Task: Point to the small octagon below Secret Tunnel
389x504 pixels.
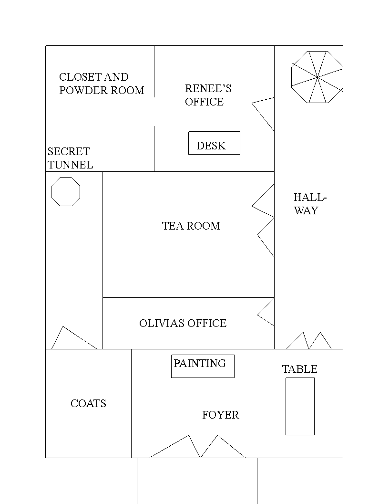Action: (65, 178)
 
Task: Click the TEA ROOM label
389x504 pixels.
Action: (191, 226)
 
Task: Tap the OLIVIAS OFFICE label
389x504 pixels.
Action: (183, 323)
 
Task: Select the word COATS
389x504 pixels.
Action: (88, 403)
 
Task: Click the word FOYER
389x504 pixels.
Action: (221, 415)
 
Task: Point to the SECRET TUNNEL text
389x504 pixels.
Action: (70, 158)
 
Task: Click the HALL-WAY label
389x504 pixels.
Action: (310, 204)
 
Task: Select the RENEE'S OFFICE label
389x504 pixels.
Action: (208, 95)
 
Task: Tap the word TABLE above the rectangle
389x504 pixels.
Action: (300, 369)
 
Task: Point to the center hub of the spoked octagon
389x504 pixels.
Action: (317, 77)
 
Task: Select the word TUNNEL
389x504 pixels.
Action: (70, 165)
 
